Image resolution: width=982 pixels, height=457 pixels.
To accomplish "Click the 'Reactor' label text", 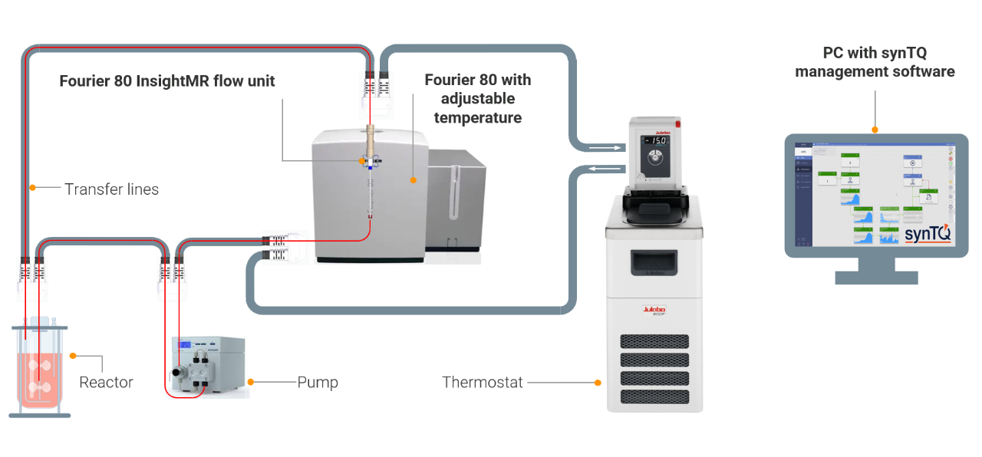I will [106, 382].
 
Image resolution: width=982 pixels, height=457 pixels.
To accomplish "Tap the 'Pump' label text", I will [318, 382].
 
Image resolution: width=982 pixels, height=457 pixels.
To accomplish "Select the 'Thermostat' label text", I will [482, 382].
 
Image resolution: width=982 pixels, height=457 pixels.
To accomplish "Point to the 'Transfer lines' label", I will [111, 189].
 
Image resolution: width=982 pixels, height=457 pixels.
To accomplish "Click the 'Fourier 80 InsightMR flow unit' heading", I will [166, 81].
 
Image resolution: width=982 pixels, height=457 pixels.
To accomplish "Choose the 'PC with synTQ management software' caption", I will [875, 62].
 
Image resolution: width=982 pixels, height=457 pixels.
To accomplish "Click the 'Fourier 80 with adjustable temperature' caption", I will [477, 98].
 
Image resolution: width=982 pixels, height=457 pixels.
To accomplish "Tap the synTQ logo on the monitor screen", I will [928, 232].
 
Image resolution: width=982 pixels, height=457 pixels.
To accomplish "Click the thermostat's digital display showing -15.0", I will [654, 140].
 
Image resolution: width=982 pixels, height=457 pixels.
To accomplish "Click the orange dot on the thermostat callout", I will [598, 382].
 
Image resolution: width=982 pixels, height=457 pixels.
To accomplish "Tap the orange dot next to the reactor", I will [73, 356].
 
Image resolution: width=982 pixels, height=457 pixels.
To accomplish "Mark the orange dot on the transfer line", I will [32, 188].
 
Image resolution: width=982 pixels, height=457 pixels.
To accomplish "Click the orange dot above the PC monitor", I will [875, 130].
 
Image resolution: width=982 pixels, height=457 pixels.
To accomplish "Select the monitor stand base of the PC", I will [875, 277].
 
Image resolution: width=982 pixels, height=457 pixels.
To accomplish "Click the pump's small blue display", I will [184, 344].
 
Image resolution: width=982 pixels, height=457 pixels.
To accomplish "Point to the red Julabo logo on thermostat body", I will [654, 311].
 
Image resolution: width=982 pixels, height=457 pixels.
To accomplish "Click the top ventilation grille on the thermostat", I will [654, 340].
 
